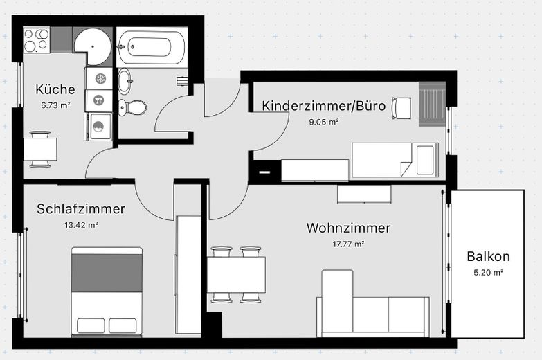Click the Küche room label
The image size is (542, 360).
[x=55, y=89]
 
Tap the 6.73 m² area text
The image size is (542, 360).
[x=55, y=105]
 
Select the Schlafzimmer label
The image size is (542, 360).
[x=81, y=208]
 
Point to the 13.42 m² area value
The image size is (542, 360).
[x=81, y=225]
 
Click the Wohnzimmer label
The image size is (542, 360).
[x=348, y=228]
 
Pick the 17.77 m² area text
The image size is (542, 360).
[x=348, y=244]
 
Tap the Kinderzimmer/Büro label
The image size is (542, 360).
[x=323, y=106]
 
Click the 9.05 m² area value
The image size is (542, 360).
[x=323, y=122]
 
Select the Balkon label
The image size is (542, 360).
[x=488, y=256]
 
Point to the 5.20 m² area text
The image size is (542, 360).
[x=488, y=272]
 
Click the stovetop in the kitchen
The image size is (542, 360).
[x=37, y=40]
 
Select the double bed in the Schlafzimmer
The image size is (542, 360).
[x=107, y=291]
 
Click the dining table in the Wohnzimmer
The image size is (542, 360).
[x=235, y=274]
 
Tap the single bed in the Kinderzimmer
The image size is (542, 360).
[x=395, y=160]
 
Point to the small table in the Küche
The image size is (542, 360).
[x=40, y=149]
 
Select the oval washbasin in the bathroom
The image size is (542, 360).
[x=125, y=82]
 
